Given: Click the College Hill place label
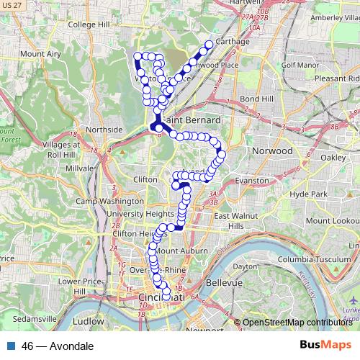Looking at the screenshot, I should point(87,24).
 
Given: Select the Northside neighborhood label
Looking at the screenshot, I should point(104,130).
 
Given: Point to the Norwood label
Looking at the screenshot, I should point(272,151).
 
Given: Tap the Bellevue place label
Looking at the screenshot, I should point(224,283).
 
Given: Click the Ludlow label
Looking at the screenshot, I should point(89,321).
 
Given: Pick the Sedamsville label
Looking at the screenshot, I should point(26,318).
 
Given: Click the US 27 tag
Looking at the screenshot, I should point(12,5).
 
